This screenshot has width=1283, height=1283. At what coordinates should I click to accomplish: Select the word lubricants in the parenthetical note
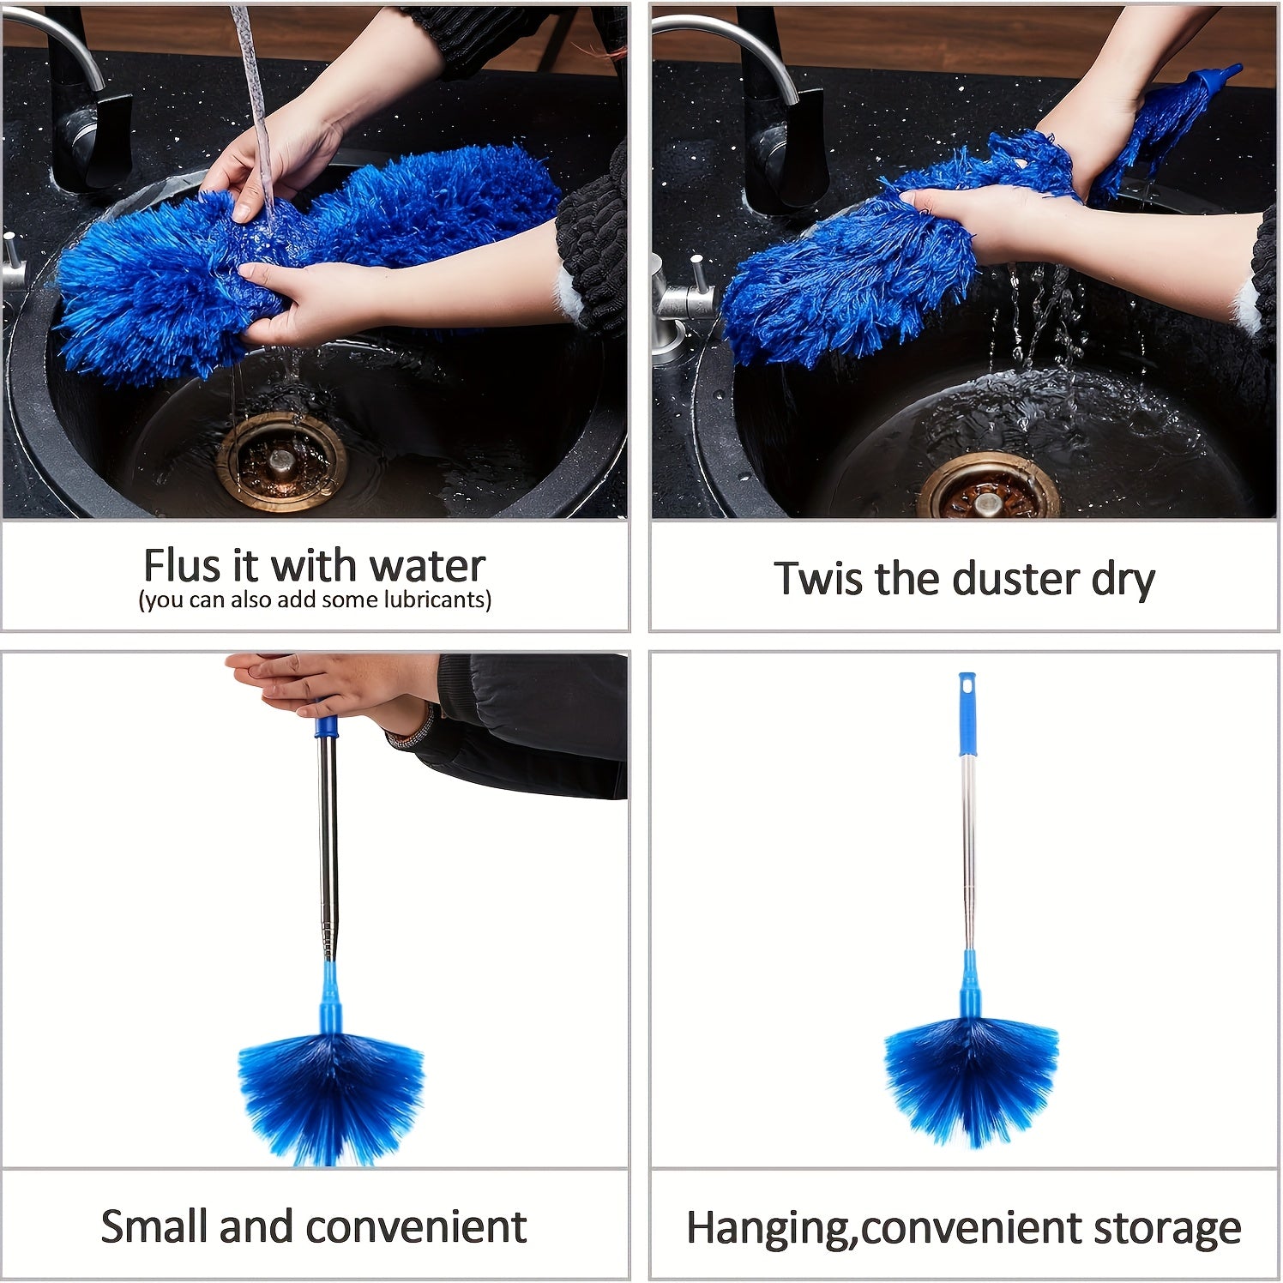pyautogui.click(x=437, y=599)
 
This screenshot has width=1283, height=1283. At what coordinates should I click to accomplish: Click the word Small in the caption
pyautogui.click(x=154, y=1226)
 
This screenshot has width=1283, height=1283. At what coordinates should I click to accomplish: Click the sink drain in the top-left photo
pyautogui.click(x=280, y=461)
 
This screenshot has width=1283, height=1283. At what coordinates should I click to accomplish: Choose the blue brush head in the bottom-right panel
pyautogui.click(x=971, y=1076)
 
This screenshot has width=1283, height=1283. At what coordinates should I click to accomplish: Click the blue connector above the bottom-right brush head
pyautogui.click(x=969, y=991)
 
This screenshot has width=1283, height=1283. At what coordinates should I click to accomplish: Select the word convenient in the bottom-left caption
pyautogui.click(x=415, y=1226)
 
